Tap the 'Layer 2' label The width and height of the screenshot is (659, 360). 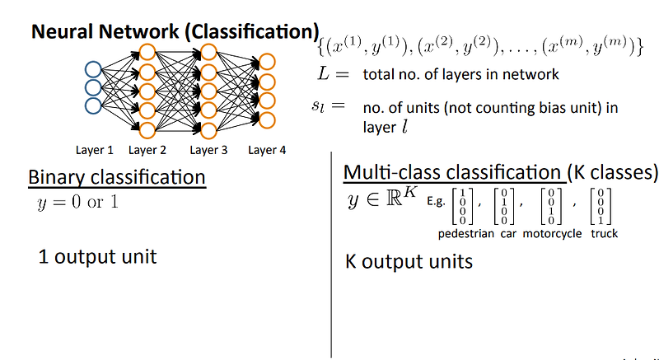coord(148,150)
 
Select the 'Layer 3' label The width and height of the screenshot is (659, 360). coord(208,150)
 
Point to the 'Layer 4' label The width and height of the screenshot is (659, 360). coord(267,150)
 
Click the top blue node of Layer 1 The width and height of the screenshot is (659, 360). coord(94,69)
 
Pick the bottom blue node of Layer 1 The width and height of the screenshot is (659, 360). coord(94,105)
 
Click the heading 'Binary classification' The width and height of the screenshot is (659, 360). coord(116,177)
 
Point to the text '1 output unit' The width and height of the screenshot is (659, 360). coord(97,257)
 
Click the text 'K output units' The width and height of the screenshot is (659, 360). coord(408,262)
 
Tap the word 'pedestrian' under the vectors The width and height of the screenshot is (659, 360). coord(466,233)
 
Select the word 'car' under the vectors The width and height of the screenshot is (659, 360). coord(509,233)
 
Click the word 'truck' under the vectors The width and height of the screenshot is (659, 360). coord(604,233)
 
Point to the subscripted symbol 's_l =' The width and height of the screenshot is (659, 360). coord(333,108)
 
